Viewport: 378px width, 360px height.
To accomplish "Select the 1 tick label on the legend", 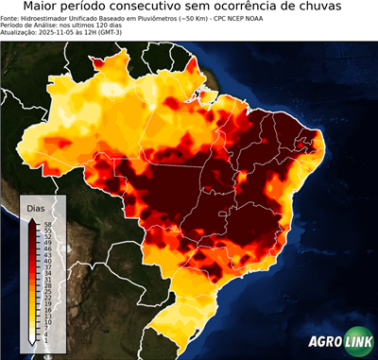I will [x=44, y=337].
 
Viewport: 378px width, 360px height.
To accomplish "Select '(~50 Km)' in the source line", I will [x=165, y=18].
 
